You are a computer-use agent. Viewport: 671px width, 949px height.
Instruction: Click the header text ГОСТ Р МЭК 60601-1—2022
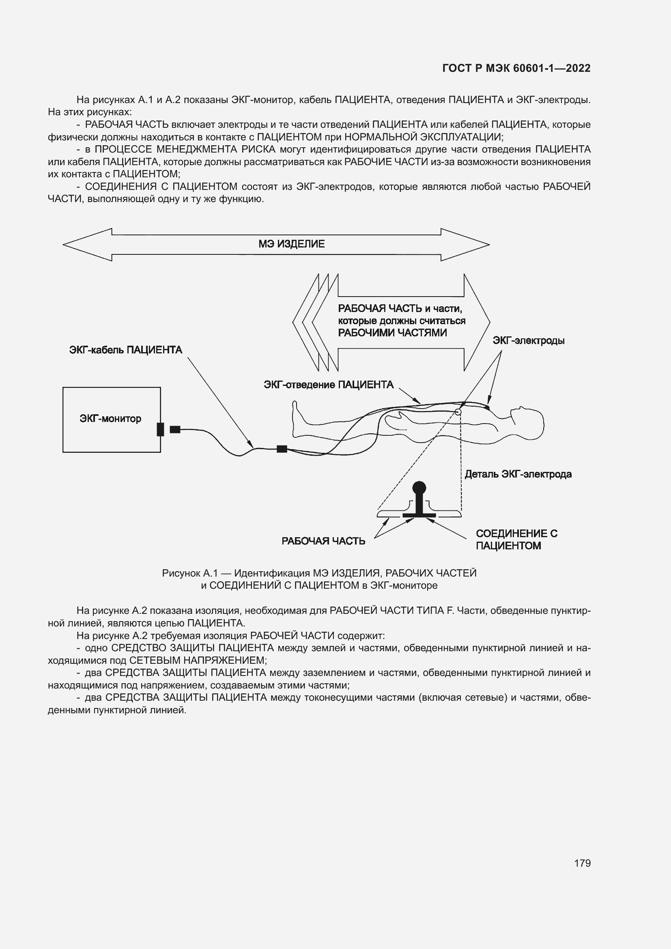[516, 68]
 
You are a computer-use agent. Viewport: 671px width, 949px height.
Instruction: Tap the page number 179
[582, 863]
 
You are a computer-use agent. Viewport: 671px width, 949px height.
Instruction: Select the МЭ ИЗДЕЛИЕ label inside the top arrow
[291, 244]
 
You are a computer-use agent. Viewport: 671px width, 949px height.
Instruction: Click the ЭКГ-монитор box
[111, 419]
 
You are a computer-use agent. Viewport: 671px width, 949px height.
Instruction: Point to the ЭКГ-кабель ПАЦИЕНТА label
[126, 350]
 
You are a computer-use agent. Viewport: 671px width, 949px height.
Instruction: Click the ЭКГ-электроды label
[529, 340]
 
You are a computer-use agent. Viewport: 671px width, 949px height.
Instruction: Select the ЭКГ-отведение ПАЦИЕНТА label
[329, 385]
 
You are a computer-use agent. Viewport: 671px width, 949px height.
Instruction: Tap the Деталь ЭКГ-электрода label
[518, 474]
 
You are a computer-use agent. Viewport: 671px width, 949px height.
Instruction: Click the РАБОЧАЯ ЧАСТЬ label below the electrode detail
[323, 541]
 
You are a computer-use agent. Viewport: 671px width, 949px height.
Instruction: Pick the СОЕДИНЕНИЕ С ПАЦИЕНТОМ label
[516, 539]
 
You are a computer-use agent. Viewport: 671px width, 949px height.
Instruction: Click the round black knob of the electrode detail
[419, 487]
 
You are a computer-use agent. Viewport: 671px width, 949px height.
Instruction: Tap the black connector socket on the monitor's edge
[160, 429]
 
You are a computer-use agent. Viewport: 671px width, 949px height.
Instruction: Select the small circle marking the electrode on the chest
[458, 412]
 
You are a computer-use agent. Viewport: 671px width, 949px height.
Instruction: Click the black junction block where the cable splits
[282, 449]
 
